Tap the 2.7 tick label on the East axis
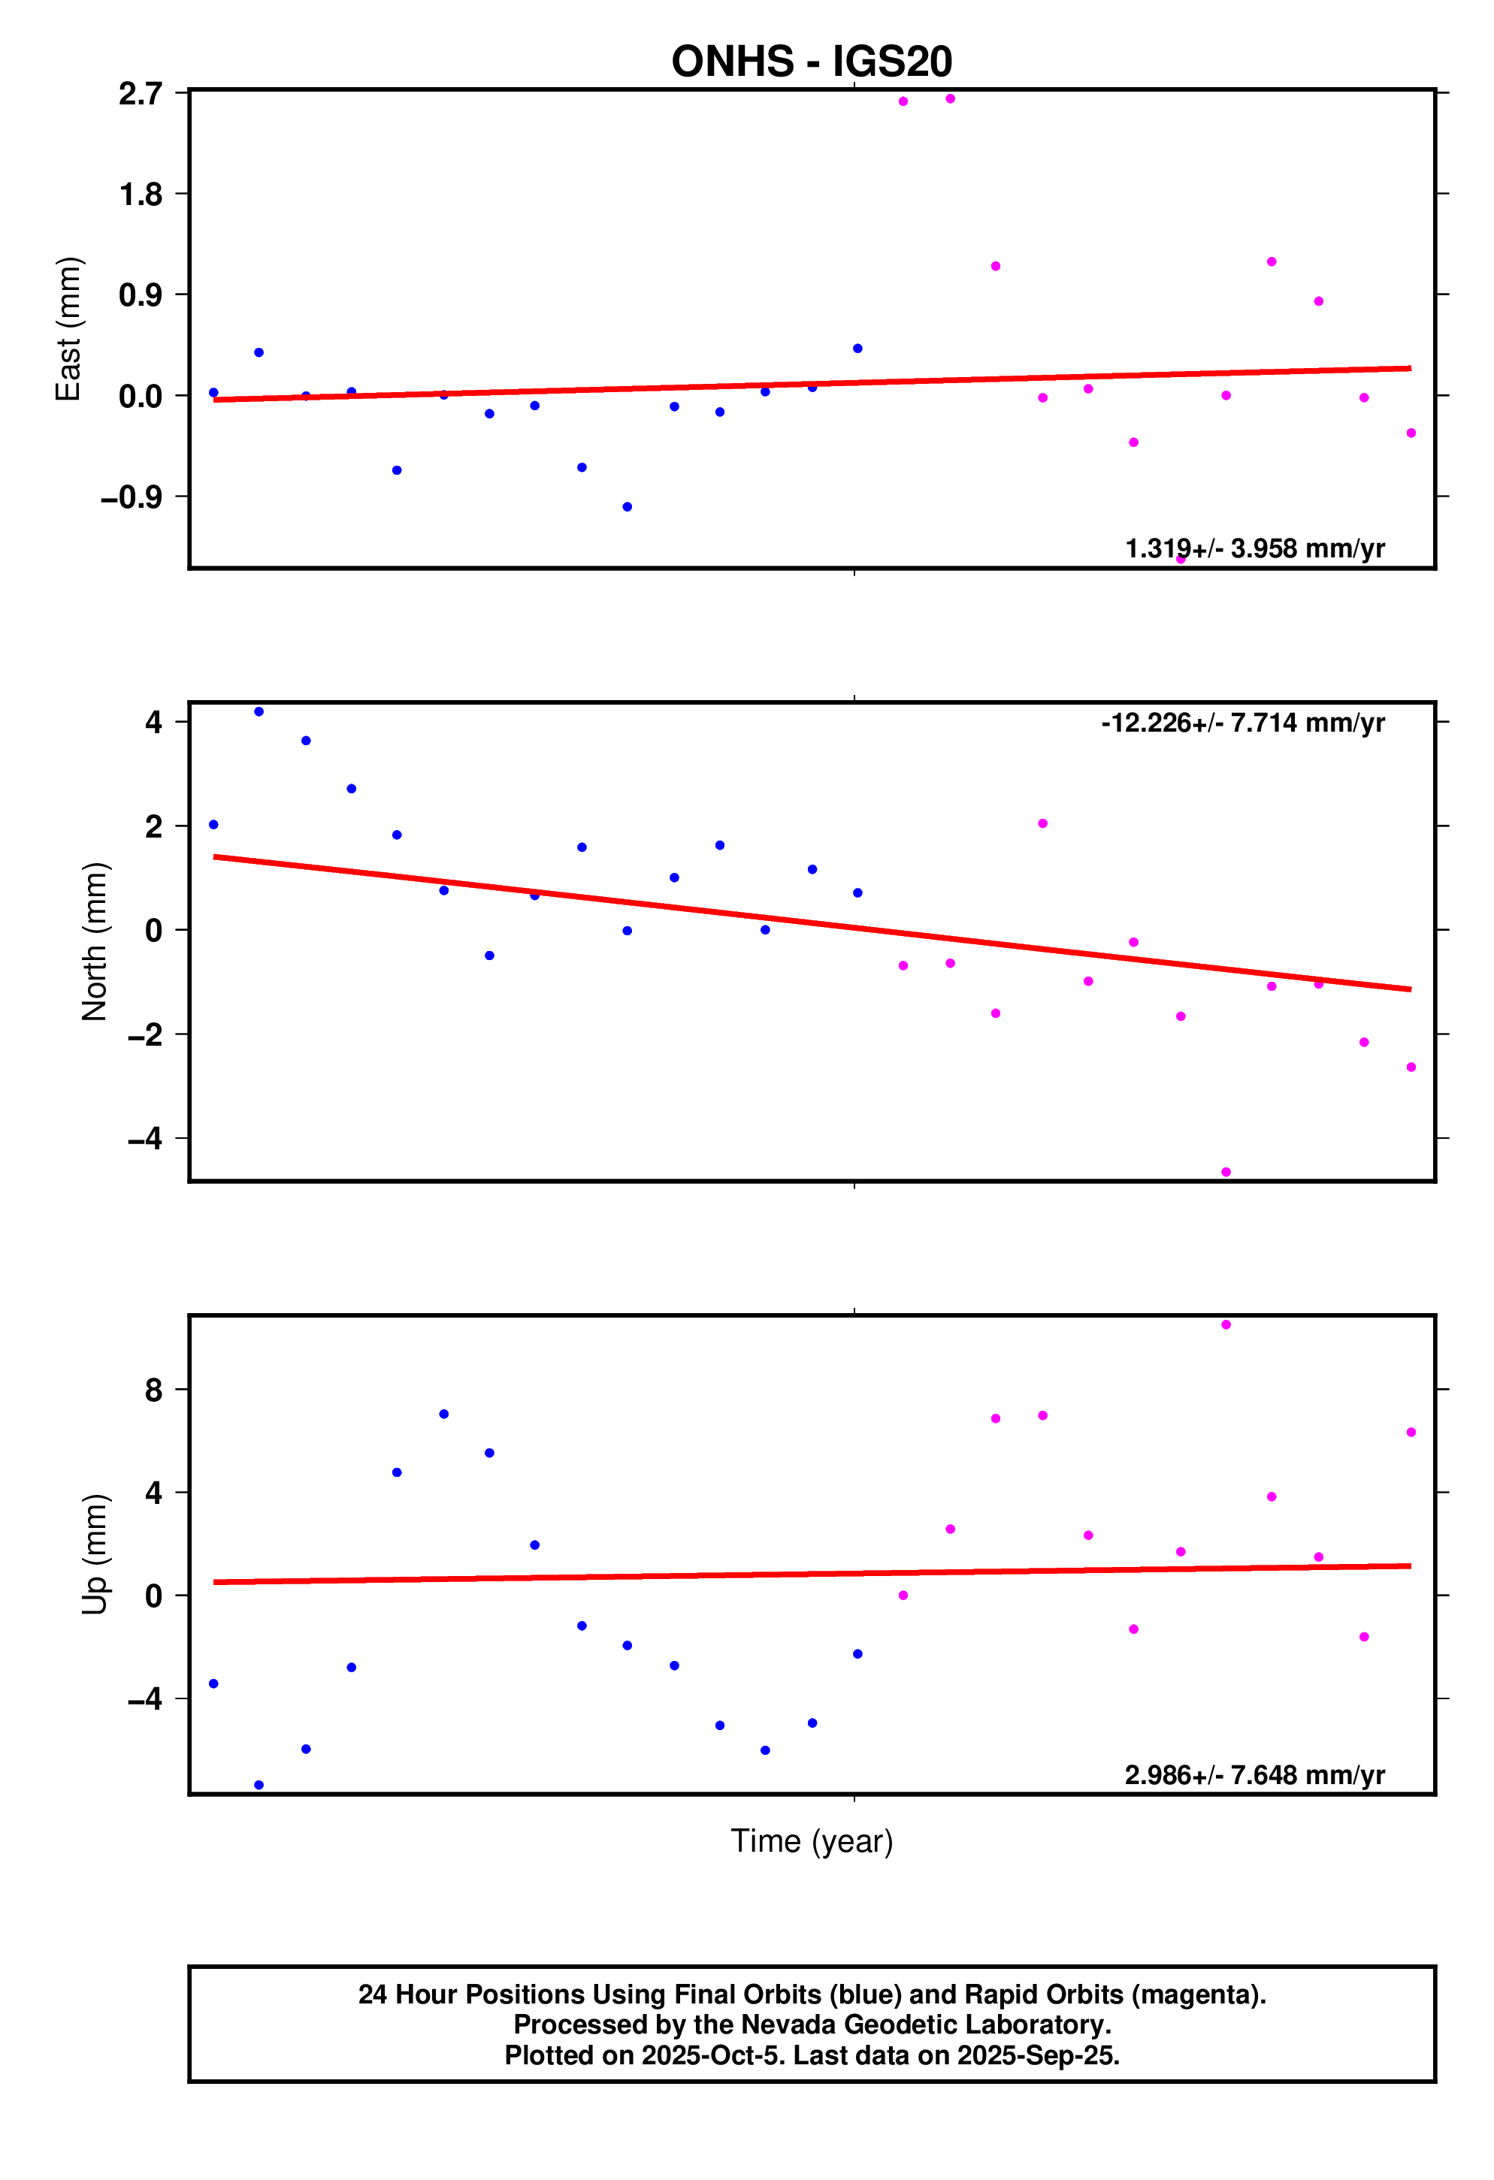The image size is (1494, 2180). coord(140,94)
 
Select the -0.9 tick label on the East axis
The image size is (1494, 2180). coord(132,497)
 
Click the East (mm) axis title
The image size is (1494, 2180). coord(68,328)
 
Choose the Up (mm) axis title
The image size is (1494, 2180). coord(95,1554)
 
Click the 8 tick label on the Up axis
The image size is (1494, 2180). coord(153,1390)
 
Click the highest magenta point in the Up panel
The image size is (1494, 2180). coord(1226,1324)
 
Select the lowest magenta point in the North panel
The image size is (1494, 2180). coord(1226,1173)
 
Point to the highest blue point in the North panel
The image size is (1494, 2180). coord(259,712)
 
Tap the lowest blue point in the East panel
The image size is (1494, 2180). coord(627,506)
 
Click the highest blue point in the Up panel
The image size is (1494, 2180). coord(444,1414)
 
